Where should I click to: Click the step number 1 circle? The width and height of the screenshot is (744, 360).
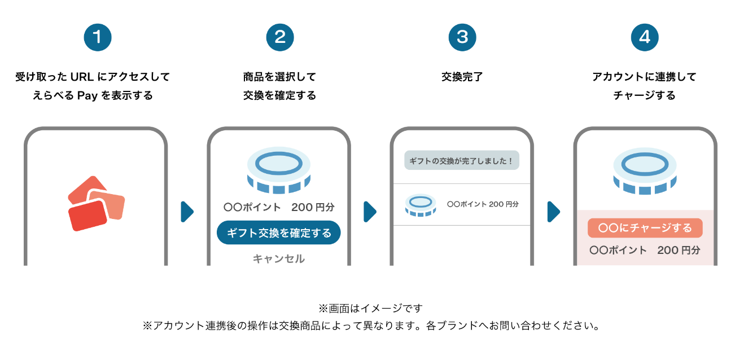tap(98, 37)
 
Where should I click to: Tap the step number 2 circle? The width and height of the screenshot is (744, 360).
tap(280, 37)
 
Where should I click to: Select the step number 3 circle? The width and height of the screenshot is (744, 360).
tap(462, 37)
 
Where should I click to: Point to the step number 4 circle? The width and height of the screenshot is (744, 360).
tap(645, 37)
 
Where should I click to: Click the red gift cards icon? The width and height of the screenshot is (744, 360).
tap(95, 204)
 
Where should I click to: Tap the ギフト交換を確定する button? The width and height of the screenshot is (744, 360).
tap(279, 232)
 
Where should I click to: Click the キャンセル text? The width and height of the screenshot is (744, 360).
tap(279, 258)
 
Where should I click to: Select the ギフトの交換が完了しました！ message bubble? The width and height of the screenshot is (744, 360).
tap(462, 161)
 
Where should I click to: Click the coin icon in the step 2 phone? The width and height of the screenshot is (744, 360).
tap(279, 169)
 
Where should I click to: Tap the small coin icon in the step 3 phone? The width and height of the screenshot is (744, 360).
tap(420, 205)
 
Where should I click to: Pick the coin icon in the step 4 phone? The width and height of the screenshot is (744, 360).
tap(645, 169)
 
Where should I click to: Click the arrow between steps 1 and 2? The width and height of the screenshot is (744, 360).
tap(187, 212)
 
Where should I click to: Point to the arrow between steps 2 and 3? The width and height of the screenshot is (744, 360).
tap(370, 212)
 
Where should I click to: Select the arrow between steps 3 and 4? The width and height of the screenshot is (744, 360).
tap(554, 212)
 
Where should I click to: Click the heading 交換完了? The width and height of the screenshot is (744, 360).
tap(462, 77)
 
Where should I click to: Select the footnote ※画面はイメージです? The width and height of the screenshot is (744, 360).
tap(370, 308)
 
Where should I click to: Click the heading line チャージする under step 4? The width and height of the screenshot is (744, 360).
tap(645, 95)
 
